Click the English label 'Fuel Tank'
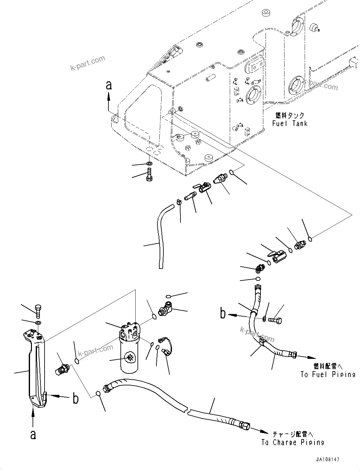coord(290,124)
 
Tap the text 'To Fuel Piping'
coord(328,374)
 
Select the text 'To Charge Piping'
coord(293,442)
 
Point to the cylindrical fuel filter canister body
coord(129,357)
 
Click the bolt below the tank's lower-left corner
coord(149,175)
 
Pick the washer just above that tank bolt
coord(149,164)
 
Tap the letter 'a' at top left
coord(109,85)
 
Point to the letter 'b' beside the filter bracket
coord(75,399)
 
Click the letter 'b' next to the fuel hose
coord(223,314)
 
